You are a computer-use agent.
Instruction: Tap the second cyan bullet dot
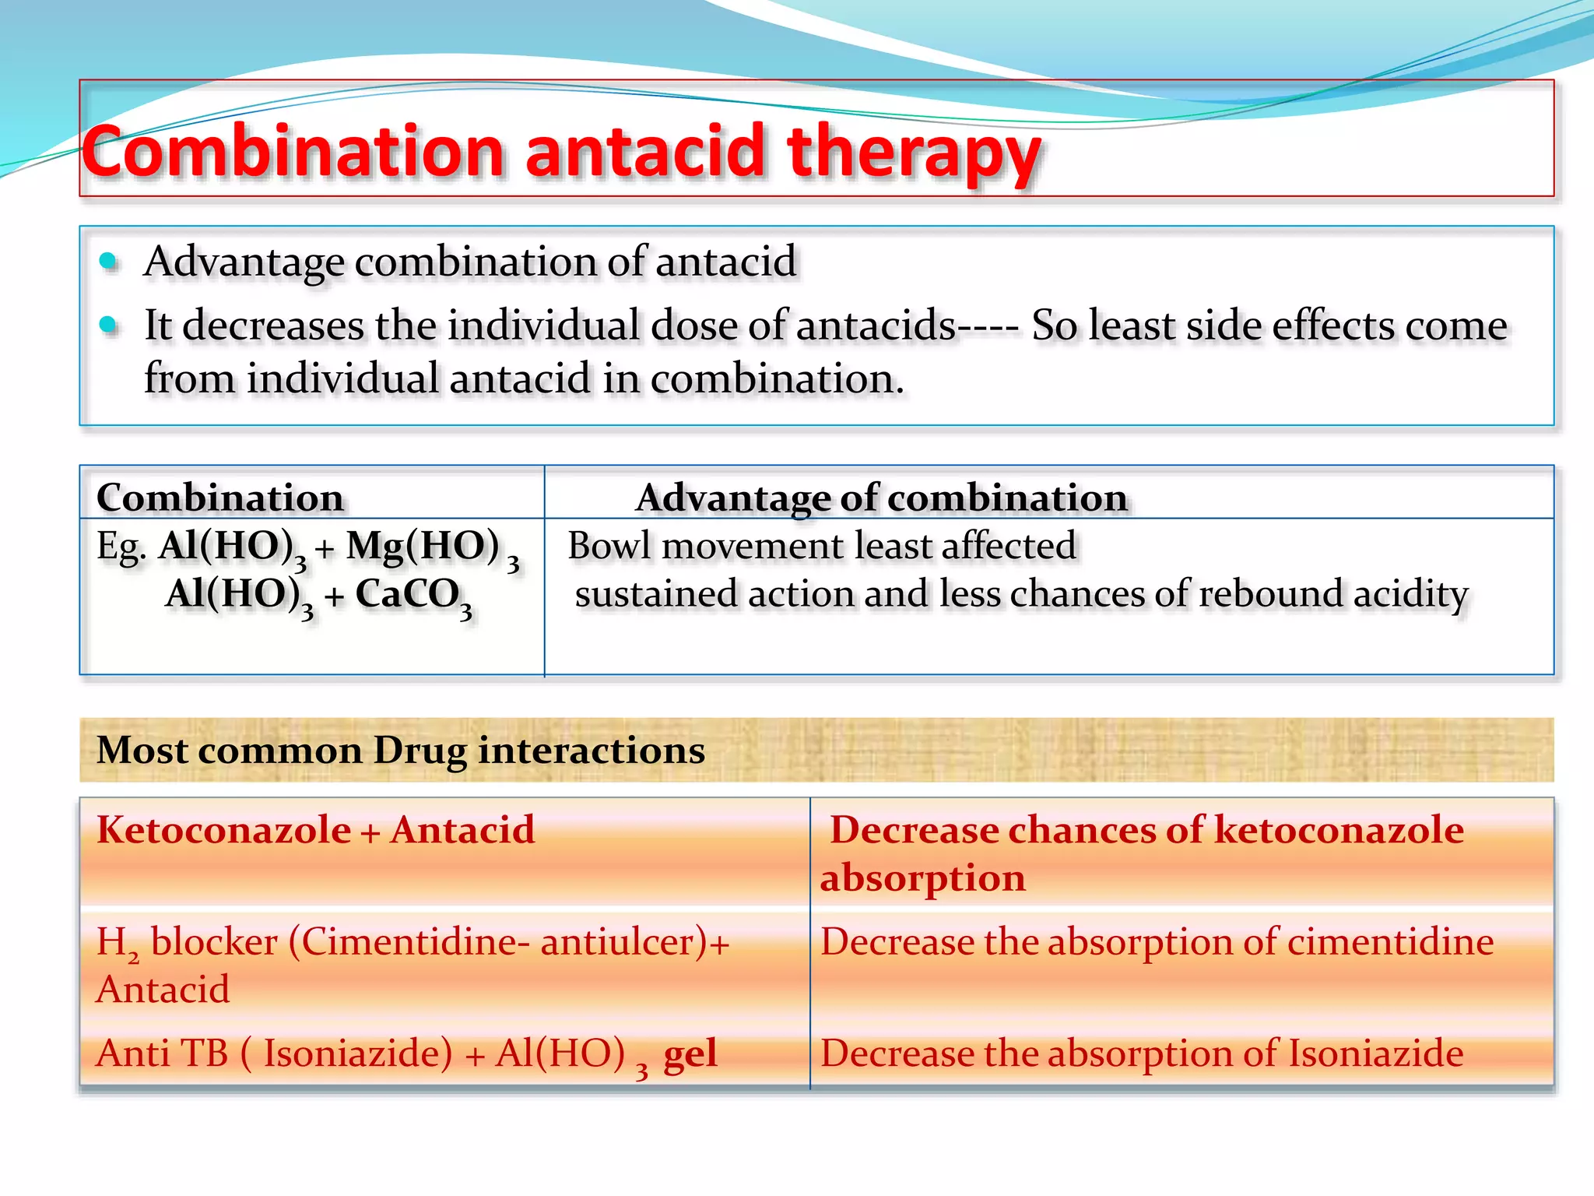(108, 325)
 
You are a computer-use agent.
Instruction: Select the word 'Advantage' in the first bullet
(243, 262)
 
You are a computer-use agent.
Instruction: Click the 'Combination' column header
(219, 498)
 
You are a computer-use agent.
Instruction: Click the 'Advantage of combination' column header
(881, 498)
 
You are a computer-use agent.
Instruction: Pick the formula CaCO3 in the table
(413, 596)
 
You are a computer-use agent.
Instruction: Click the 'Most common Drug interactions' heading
(400, 751)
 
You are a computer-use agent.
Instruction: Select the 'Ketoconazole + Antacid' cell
(315, 830)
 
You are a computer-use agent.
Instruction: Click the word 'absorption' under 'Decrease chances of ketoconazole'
(922, 878)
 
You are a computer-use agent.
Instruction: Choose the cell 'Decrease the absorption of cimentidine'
(1157, 942)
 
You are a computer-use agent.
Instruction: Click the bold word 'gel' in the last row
(690, 1054)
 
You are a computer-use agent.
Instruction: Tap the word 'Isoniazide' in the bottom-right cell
(1375, 1054)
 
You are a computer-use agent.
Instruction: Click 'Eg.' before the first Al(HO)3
(121, 547)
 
